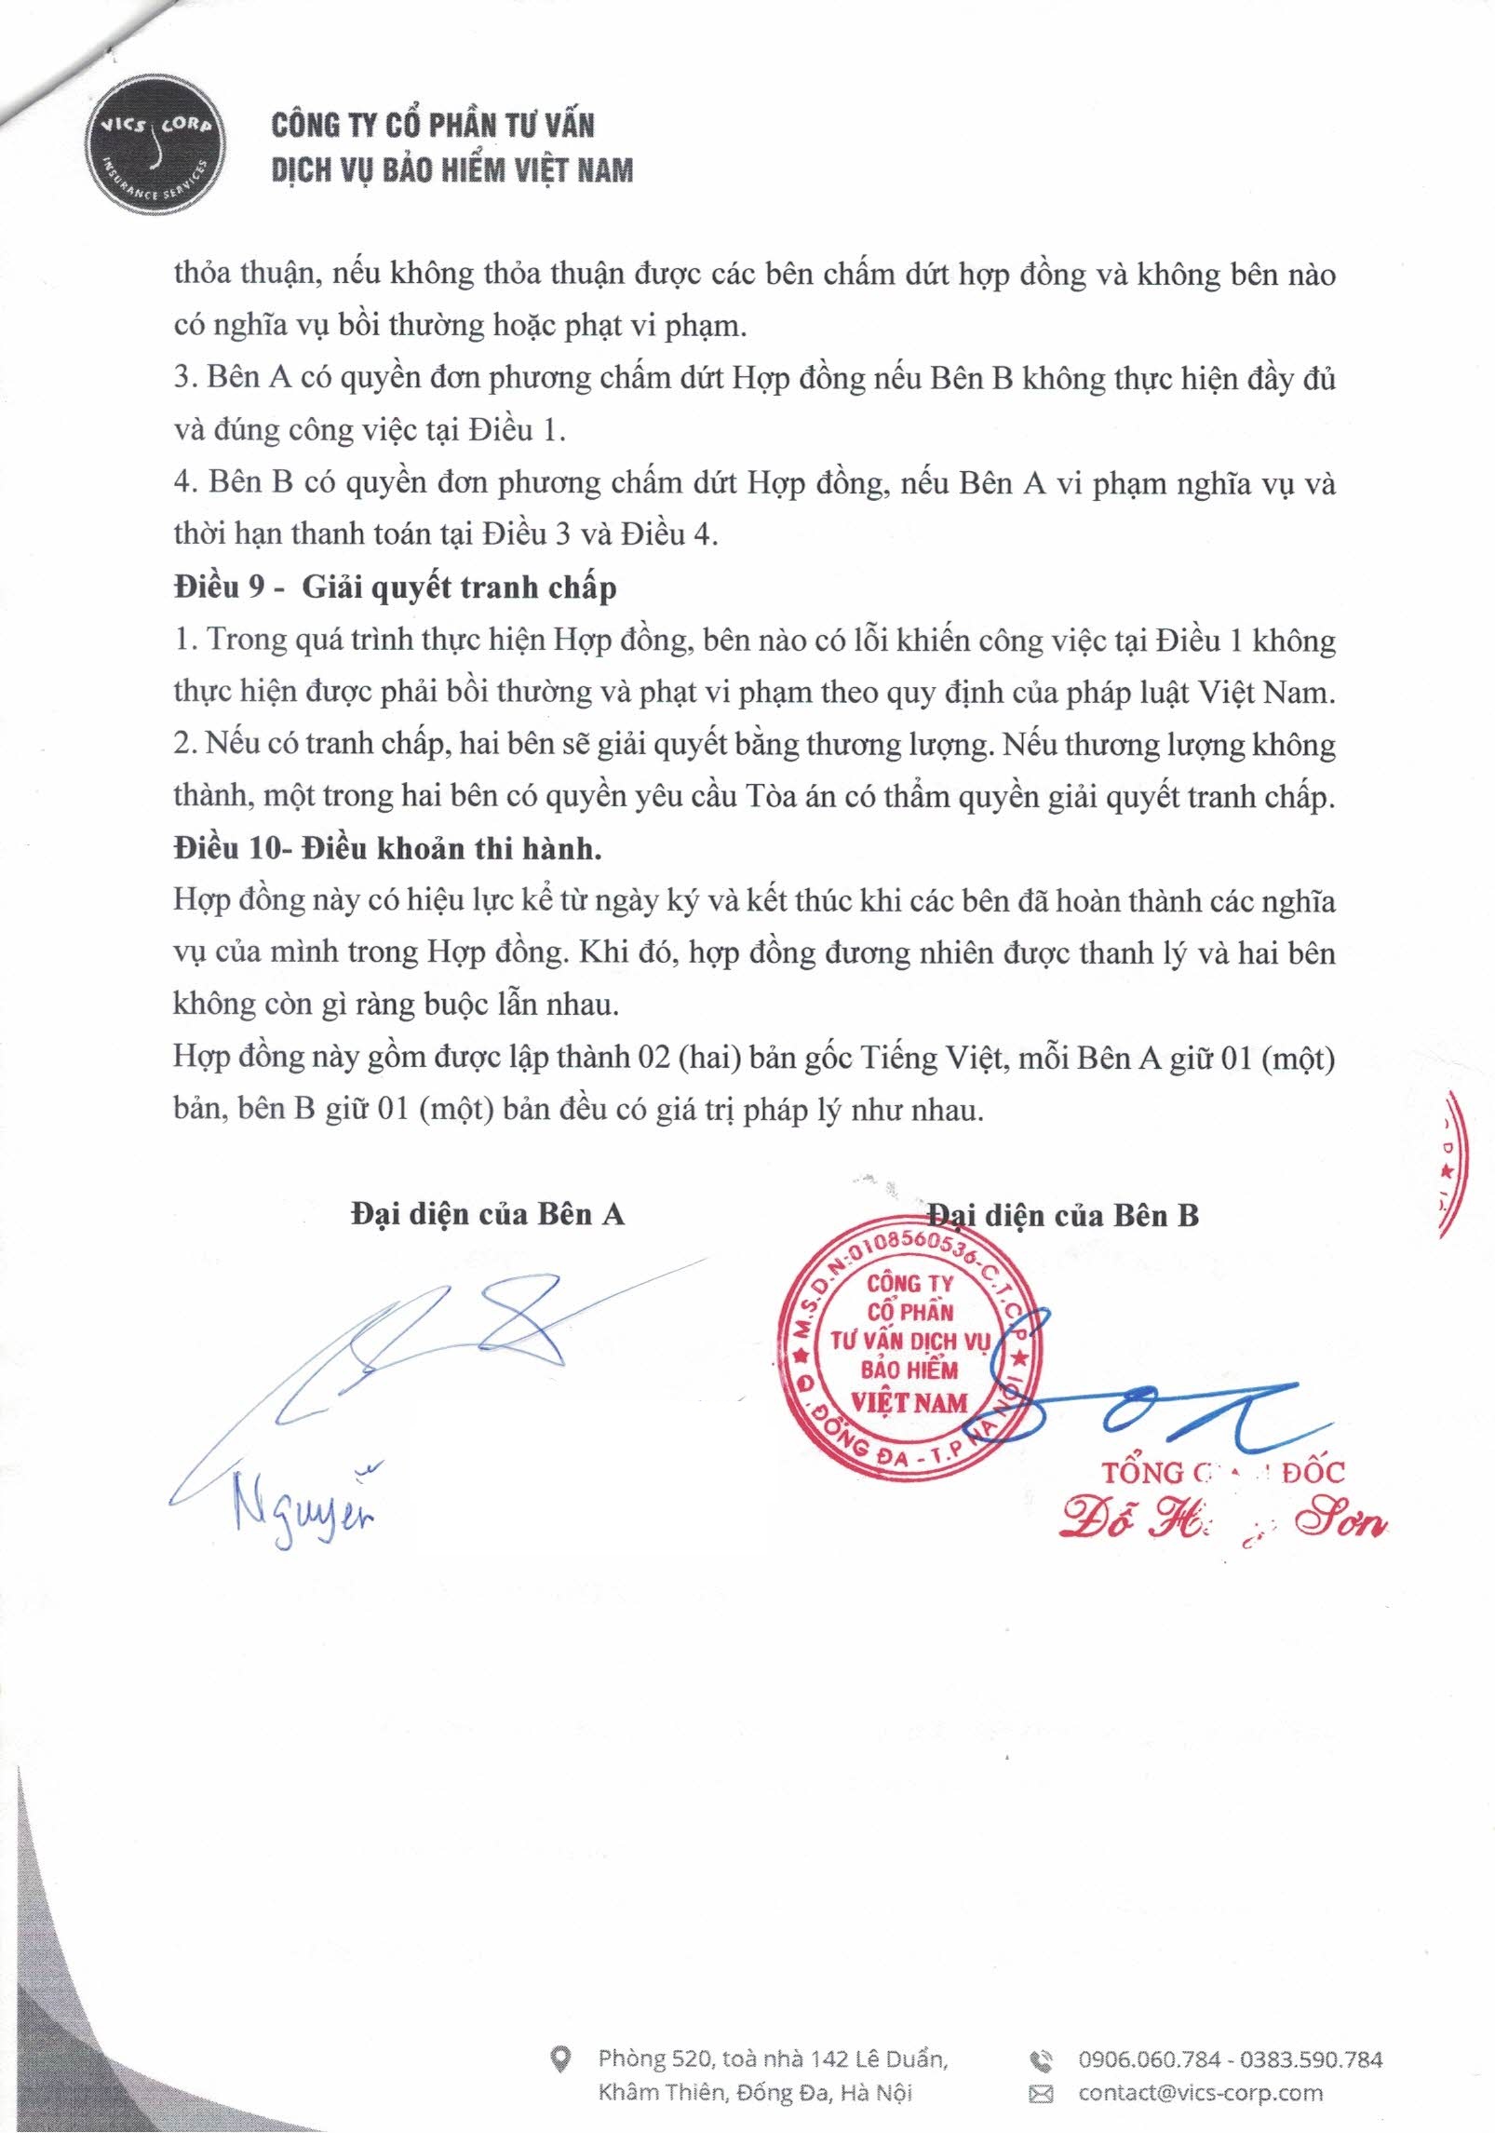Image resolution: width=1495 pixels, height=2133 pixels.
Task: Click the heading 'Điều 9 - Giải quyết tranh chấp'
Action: pyautogui.click(x=395, y=587)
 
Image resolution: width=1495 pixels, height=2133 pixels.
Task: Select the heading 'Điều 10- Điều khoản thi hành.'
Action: pyautogui.click(x=387, y=848)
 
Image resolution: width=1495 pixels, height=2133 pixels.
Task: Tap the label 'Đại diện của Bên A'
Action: pyautogui.click(x=487, y=1214)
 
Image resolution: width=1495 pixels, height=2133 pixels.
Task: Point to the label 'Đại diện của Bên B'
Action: pyautogui.click(x=1063, y=1215)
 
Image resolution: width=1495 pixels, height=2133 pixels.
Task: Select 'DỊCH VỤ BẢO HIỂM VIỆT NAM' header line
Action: pyautogui.click(x=452, y=170)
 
